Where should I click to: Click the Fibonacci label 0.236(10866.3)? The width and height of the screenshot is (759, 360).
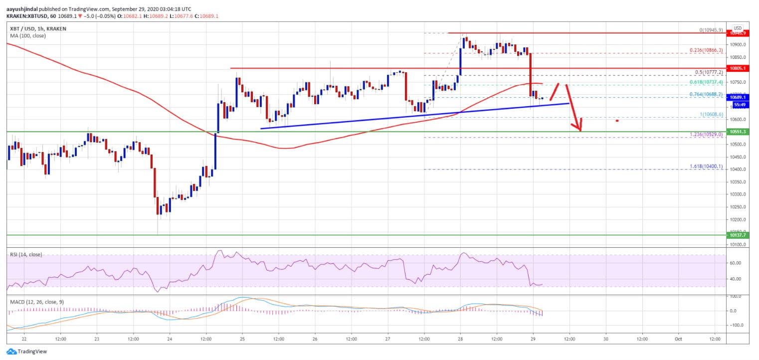[x=706, y=50]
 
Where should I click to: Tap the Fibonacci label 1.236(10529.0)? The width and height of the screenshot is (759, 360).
[x=705, y=135]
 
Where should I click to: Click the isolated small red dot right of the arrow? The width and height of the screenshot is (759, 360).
[x=617, y=121]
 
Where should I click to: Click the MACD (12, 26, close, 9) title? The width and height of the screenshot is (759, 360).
[x=36, y=302]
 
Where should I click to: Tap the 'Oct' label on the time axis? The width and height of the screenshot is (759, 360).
[x=678, y=339]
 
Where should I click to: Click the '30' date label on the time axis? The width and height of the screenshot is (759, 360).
[x=605, y=339]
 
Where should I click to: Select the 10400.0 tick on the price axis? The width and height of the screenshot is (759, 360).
[x=737, y=170]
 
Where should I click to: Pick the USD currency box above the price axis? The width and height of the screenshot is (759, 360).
[x=737, y=28]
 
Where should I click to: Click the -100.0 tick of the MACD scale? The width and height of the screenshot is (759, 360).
[x=736, y=325]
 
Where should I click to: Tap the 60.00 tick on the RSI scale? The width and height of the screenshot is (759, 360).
[x=736, y=263]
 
